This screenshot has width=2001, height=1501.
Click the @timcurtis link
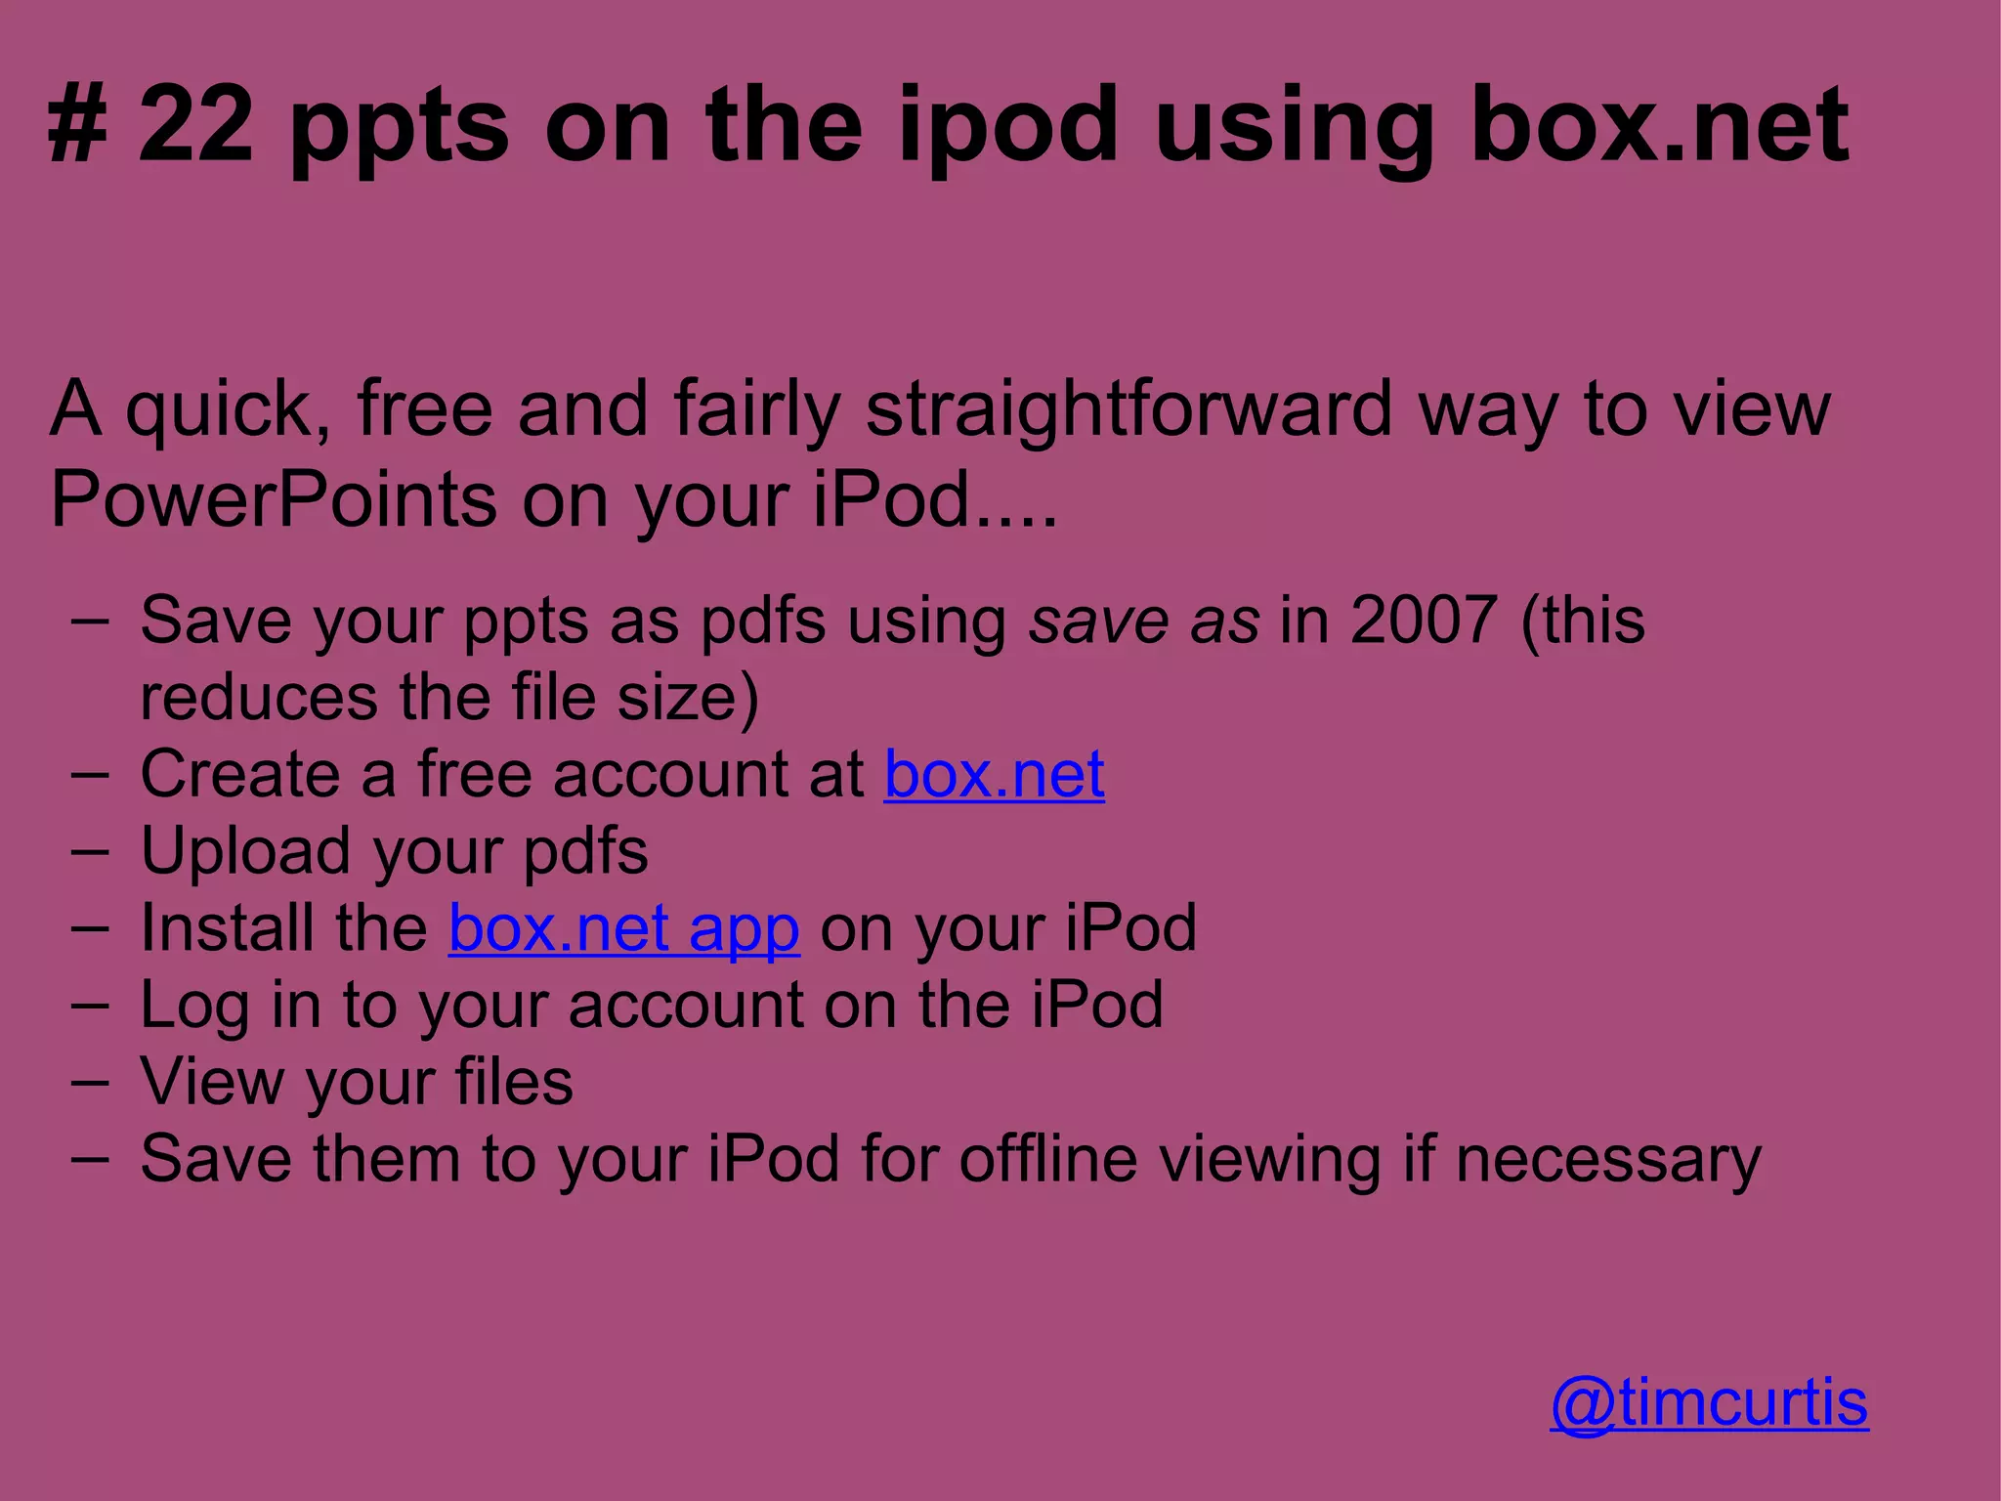point(1709,1403)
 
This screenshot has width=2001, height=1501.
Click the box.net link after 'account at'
point(994,774)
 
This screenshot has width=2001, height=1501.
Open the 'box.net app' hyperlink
point(624,927)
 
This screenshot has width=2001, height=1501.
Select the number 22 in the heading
point(196,124)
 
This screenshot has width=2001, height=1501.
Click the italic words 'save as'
point(1144,622)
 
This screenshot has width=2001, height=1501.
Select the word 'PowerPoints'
point(275,498)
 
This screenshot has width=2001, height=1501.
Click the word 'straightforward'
point(1128,408)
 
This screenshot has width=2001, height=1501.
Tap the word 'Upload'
point(245,851)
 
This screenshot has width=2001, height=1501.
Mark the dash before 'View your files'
point(90,1083)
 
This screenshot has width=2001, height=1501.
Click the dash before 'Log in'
point(90,1006)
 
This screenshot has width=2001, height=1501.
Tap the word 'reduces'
point(259,698)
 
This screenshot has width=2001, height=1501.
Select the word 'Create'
point(240,774)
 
